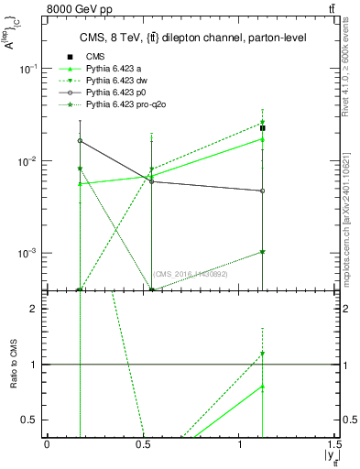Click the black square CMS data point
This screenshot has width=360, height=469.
pos(263,128)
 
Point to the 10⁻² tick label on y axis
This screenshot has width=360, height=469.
pos(31,161)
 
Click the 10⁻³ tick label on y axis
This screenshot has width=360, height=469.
pos(31,253)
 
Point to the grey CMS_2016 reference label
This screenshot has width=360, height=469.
pos(190,274)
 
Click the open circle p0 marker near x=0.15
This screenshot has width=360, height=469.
pos(81,141)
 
